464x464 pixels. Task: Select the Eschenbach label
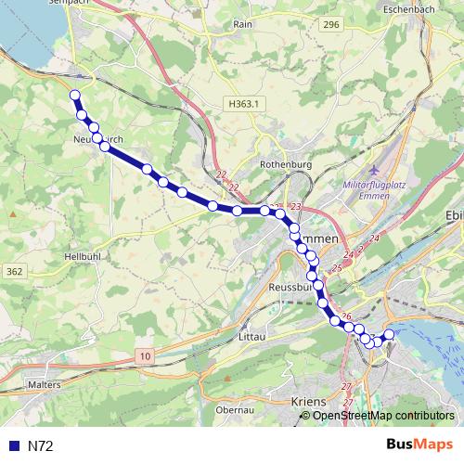[408, 8]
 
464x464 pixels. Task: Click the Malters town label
[45, 383]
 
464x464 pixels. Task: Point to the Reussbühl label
[293, 288]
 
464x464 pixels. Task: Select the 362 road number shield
[14, 271]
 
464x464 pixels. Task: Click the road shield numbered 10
[147, 355]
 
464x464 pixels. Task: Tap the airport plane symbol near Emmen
[374, 172]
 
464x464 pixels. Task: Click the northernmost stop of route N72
[75, 94]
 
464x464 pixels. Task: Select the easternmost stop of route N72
[389, 334]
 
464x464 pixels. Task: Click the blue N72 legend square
[12, 445]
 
